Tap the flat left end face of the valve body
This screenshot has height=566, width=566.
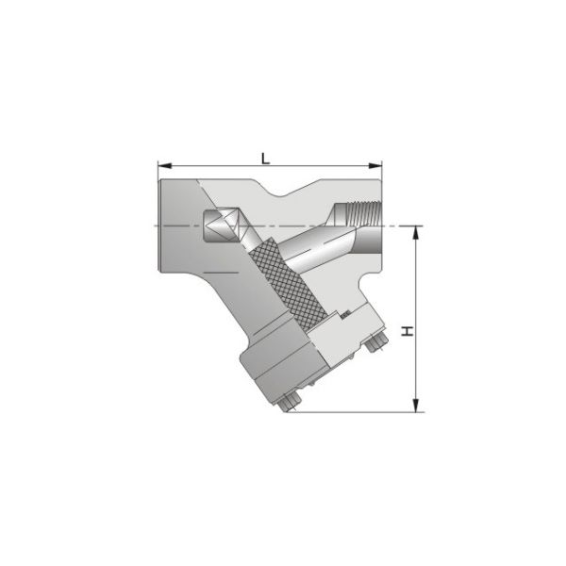coord(160,226)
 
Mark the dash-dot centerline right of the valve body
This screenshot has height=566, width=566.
coord(401,225)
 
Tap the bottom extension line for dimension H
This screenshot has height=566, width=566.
coord(358,412)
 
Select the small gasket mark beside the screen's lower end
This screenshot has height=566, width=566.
coord(345,312)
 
